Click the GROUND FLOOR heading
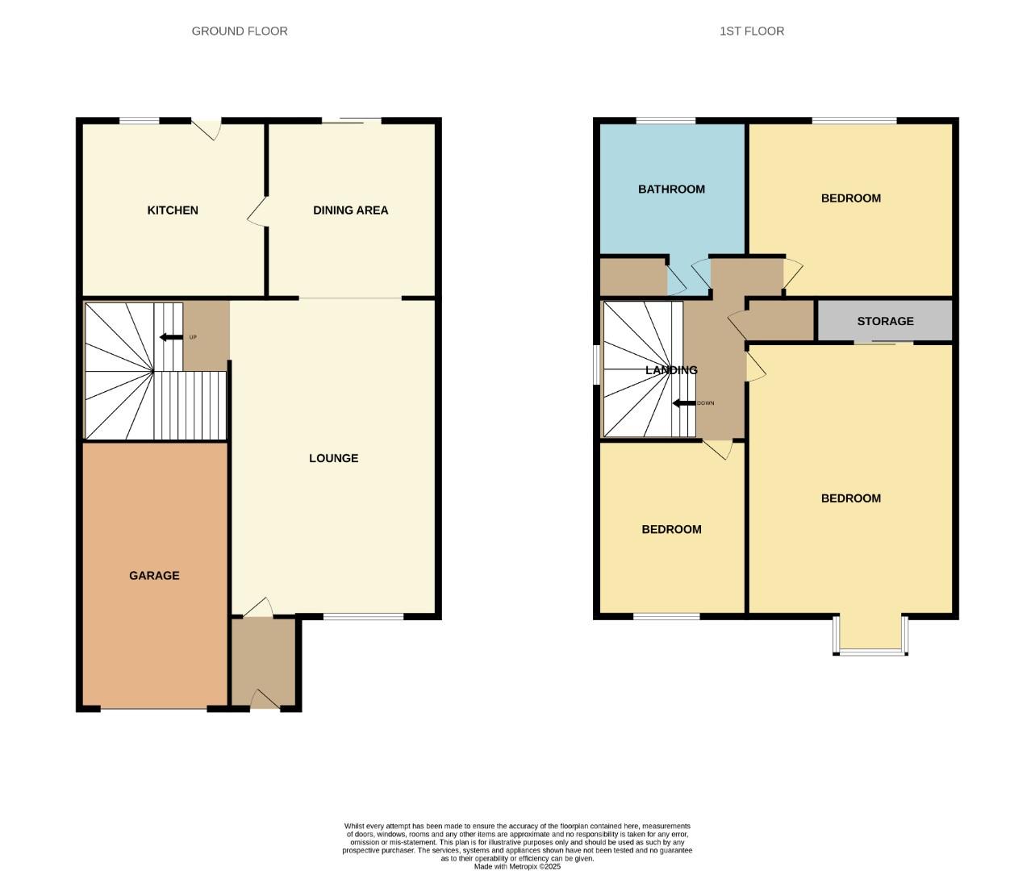click(x=240, y=31)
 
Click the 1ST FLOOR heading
click(x=751, y=31)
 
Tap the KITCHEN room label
click(x=173, y=210)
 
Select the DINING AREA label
click(x=350, y=210)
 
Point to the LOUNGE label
click(x=333, y=458)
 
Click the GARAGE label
click(x=154, y=576)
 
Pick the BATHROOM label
click(x=671, y=190)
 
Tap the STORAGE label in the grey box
click(x=885, y=321)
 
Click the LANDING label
click(x=671, y=370)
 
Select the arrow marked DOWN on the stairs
click(x=684, y=403)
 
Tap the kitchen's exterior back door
click(x=207, y=127)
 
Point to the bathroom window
click(x=666, y=121)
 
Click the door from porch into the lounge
click(x=257, y=609)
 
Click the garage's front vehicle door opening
click(x=153, y=709)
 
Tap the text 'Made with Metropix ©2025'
click(x=516, y=866)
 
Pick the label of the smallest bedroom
click(x=671, y=530)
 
